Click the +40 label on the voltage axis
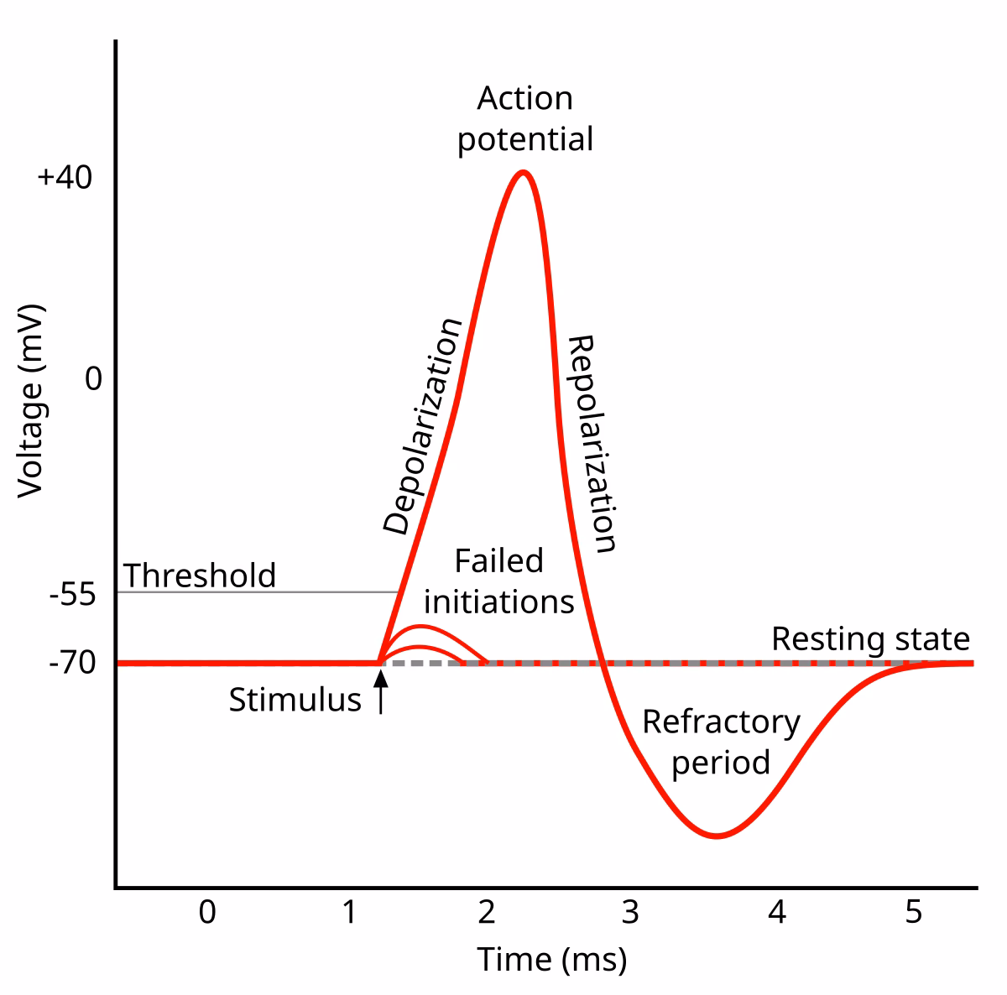point(65,178)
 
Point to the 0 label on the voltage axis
point(93,379)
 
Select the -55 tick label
point(72,595)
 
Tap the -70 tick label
point(72,664)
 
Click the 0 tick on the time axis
point(207,912)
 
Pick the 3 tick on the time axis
point(630,912)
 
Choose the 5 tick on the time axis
point(914,912)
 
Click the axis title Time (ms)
point(552,959)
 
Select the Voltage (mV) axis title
point(30,400)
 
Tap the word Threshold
point(200,576)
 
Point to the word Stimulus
point(295,700)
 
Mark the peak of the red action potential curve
point(524,173)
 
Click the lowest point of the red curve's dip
point(716,836)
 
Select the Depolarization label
point(422,426)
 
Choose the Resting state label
point(870,639)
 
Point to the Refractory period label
point(721,742)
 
